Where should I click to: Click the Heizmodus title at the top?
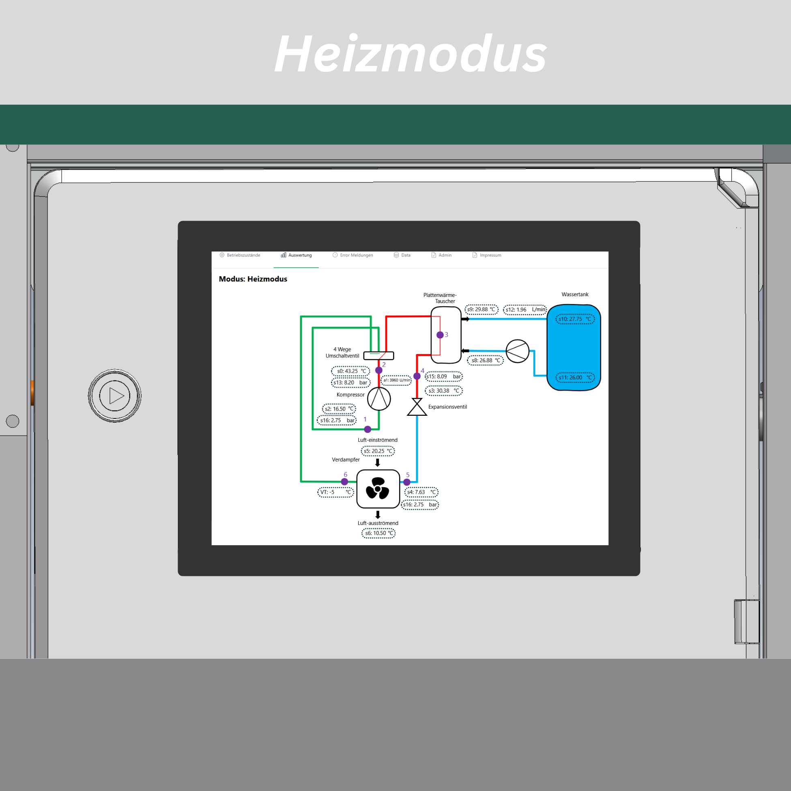[x=411, y=54]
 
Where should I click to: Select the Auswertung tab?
[x=296, y=255]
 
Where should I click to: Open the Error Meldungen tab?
[x=353, y=255]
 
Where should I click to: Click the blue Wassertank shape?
[x=574, y=348]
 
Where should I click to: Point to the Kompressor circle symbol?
[x=379, y=398]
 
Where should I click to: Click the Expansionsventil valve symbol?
[x=417, y=407]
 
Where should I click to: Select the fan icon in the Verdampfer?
[x=378, y=488]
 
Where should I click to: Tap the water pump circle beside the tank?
[x=518, y=351]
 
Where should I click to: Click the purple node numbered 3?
[x=440, y=335]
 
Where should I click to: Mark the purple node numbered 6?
[x=345, y=482]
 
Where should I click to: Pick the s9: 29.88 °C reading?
[x=481, y=310]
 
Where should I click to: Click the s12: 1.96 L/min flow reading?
[x=525, y=310]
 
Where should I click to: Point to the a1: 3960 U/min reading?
[x=396, y=380]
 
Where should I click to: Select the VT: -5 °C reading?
[x=336, y=492]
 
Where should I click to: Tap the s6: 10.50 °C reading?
[x=379, y=533]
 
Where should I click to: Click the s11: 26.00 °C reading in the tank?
[x=575, y=378]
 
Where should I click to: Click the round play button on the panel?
[x=115, y=396]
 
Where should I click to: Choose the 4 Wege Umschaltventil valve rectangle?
[x=379, y=356]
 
